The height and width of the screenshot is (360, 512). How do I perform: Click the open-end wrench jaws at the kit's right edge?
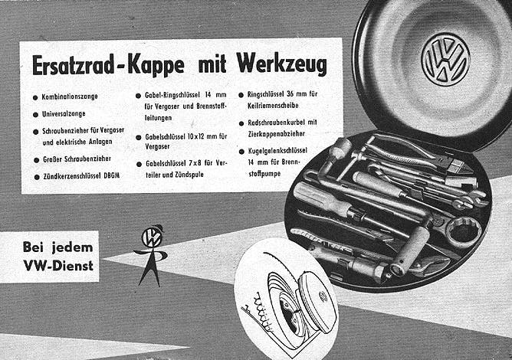[x=478, y=201]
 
